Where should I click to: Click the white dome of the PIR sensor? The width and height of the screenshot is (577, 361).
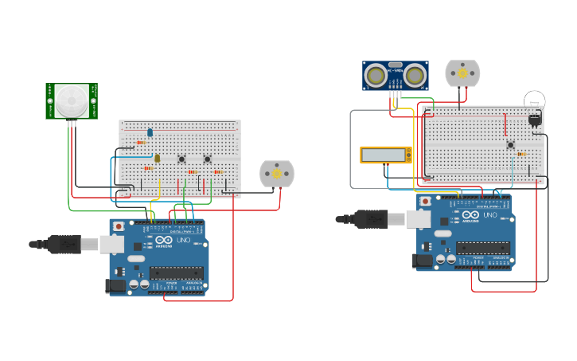coord(72,100)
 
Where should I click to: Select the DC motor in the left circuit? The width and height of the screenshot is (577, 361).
coord(277,174)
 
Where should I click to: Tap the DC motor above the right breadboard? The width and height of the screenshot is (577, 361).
coord(462,73)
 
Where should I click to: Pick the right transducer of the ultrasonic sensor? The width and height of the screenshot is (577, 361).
coord(415,76)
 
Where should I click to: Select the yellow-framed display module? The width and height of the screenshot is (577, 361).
coord(385,155)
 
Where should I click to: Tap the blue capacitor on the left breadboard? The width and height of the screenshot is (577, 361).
coord(149,132)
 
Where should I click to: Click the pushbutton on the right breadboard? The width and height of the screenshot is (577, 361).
coord(510,144)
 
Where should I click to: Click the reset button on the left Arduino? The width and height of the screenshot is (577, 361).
coord(119,226)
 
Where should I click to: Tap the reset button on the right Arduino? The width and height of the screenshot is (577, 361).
coord(426,202)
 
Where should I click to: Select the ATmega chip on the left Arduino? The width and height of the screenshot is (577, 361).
coord(176,273)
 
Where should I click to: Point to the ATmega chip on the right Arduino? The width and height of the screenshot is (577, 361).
coord(482,248)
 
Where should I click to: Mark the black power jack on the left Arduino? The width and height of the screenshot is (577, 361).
coord(115,285)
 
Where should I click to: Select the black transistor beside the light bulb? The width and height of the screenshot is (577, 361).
coord(534,120)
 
